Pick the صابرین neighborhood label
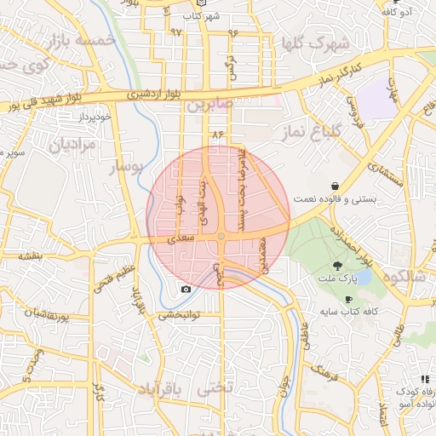pos(210,104)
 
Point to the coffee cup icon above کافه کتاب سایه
pos(348,300)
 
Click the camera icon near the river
pos(186,290)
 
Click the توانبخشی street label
pos(179,315)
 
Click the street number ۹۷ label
pos(176,32)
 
